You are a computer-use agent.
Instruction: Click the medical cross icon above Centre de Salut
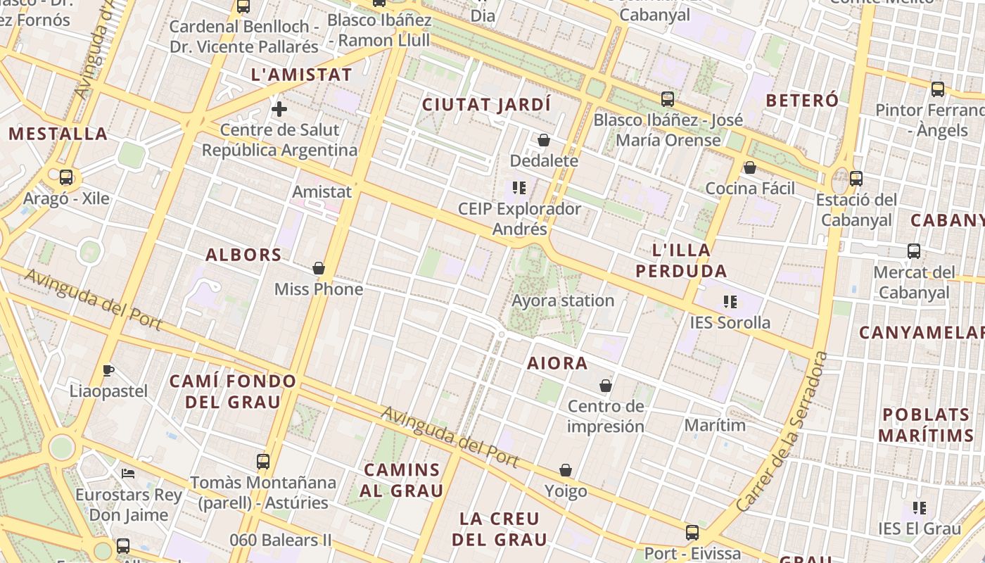pos(279,109)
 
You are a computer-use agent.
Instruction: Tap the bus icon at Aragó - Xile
pos(66,177)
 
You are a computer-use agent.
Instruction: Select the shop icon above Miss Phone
pos(319,268)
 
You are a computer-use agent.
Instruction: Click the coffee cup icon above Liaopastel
pos(108,370)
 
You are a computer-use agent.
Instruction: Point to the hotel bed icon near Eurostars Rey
pos(128,474)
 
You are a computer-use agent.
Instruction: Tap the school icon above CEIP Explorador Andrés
pos(519,188)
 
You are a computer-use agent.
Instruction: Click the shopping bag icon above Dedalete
pos(544,140)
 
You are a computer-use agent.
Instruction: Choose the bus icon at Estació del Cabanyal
pos(856,179)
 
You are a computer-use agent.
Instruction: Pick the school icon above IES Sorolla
pos(730,302)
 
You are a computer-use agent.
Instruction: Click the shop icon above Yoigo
pos(566,470)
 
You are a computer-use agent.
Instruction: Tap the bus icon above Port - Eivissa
pos(692,532)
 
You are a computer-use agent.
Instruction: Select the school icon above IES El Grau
pos(919,507)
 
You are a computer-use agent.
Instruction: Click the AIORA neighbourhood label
pos(557,363)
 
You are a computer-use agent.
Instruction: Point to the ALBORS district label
pos(243,255)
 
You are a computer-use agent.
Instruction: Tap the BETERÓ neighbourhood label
pos(802,101)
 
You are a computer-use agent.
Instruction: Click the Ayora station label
pos(563,301)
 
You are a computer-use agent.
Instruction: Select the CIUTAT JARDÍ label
pos(486,105)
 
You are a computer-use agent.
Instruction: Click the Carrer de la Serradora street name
pos(782,432)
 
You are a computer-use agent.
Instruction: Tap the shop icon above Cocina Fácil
pos(750,167)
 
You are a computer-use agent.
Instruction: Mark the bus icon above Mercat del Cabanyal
pos(914,251)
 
